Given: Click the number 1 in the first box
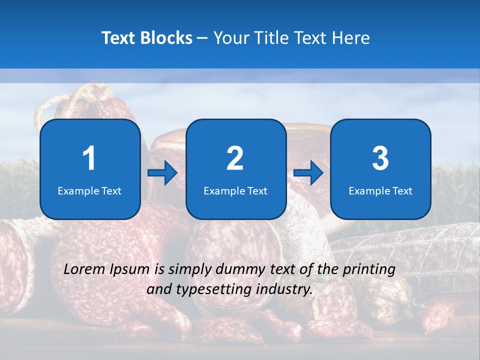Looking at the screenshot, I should click(x=89, y=158).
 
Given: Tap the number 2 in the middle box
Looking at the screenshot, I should click(x=235, y=158).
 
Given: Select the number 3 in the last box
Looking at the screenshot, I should click(x=380, y=158).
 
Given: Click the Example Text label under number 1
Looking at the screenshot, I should click(x=89, y=191).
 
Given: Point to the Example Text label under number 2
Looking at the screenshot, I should click(x=235, y=191).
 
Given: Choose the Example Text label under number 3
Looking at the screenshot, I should click(x=380, y=191).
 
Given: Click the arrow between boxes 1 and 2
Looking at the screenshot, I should click(x=162, y=173).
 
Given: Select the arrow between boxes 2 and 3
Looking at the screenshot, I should click(x=308, y=173).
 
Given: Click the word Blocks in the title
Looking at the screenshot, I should click(x=167, y=38).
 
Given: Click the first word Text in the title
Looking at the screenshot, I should click(x=118, y=38).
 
